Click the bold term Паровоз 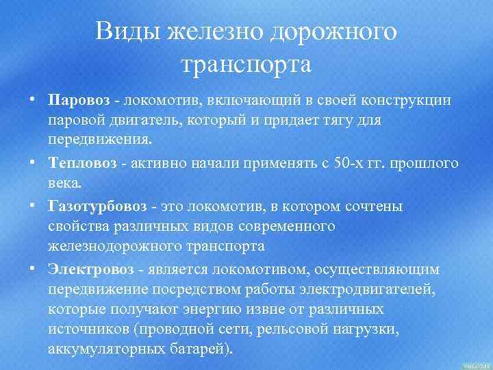[x=79, y=101]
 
